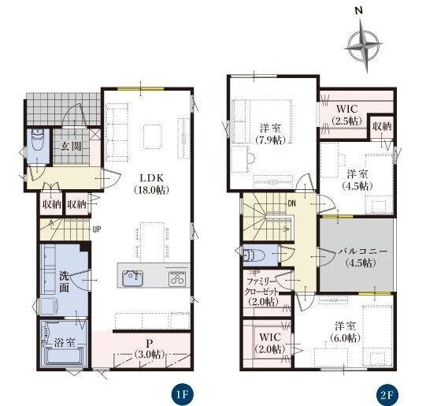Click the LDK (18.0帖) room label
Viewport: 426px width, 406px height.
[152, 184]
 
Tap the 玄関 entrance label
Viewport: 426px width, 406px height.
[71, 147]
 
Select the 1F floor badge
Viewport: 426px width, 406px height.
[183, 395]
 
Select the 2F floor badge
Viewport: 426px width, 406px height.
[387, 395]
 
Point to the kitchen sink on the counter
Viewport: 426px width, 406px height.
[133, 279]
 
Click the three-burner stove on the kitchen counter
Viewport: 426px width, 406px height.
[177, 279]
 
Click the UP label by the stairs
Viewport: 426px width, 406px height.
[96, 229]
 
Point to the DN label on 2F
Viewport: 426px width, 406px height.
[291, 203]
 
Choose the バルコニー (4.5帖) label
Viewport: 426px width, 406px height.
[362, 257]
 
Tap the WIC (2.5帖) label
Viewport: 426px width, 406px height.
[347, 114]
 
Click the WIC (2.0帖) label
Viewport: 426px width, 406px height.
[270, 343]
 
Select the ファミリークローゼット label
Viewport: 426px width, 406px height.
[261, 287]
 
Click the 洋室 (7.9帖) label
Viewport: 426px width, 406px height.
[270, 133]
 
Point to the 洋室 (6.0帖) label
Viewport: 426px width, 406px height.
[345, 331]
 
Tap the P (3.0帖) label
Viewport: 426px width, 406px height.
[149, 348]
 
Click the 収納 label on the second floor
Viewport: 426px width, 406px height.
[382, 126]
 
